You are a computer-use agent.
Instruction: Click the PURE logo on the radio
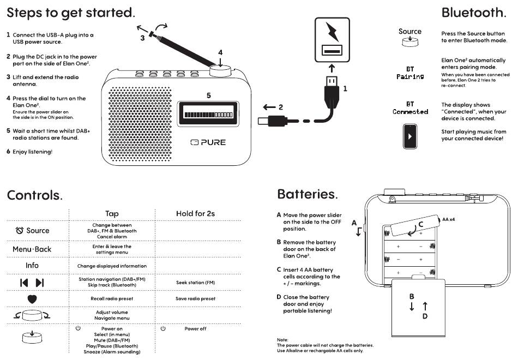(208, 142)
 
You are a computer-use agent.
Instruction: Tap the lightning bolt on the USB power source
(332, 32)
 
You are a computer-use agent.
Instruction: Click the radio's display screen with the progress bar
(208, 114)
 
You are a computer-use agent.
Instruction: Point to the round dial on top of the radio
(220, 71)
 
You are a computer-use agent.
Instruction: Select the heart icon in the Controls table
(32, 299)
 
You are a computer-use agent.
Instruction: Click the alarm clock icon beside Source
(20, 230)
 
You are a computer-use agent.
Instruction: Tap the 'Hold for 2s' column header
(196, 214)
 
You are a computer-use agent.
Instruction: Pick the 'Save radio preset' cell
(196, 298)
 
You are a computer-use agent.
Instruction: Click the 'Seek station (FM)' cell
(196, 283)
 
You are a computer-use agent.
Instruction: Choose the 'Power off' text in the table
(196, 328)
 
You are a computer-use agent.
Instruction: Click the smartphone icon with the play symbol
(410, 136)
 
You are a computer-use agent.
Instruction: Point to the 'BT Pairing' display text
(410, 73)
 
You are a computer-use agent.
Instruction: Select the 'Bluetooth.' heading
(474, 13)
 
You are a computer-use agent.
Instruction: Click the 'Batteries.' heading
(308, 194)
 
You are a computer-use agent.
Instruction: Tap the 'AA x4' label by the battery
(449, 219)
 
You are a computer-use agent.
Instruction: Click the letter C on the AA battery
(421, 224)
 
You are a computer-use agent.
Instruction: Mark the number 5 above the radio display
(209, 95)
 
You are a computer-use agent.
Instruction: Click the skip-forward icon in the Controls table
(40, 283)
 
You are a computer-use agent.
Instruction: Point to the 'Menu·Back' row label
(32, 249)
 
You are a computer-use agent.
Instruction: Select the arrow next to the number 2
(269, 107)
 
